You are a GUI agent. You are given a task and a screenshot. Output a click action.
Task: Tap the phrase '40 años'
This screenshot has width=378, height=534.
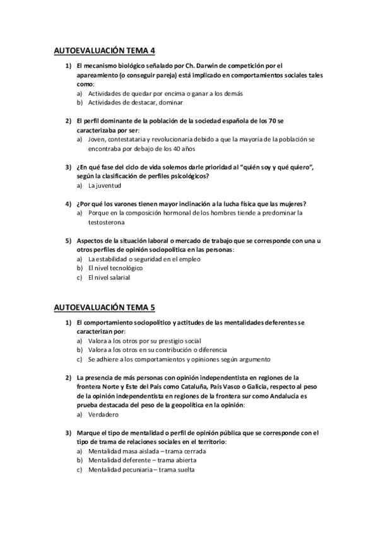tap(167, 149)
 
